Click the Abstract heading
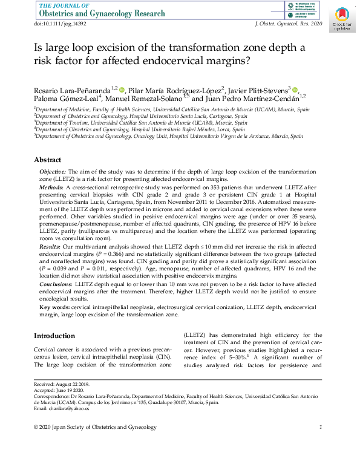(x=47, y=160)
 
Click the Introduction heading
(x=54, y=336)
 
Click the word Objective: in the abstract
(x=53, y=172)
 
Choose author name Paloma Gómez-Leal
(x=66, y=99)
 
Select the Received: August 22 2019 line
(x=62, y=384)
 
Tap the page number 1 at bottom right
(x=320, y=428)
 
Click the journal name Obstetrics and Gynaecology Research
(x=101, y=13)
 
